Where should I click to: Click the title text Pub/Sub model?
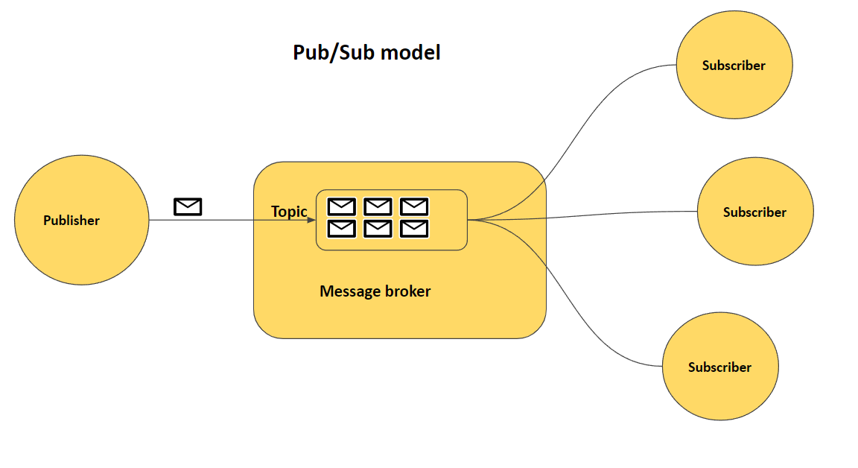[366, 53]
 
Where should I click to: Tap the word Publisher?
[71, 221]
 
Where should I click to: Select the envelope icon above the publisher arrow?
[188, 206]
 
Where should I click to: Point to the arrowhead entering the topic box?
[311, 220]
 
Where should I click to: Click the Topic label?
[289, 212]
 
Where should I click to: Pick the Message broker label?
[375, 291]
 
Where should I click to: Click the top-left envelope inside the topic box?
[342, 206]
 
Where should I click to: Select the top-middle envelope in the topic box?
[378, 206]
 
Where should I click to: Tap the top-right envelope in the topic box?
[414, 206]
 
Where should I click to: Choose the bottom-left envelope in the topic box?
[342, 229]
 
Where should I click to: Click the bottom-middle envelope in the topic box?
[378, 229]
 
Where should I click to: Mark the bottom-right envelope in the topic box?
[414, 229]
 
